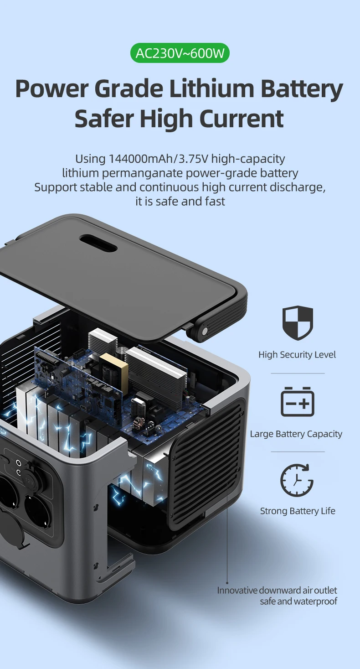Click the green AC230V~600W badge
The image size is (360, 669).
pos(180,54)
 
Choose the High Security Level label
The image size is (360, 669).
pos(297,355)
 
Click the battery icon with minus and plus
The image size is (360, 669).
pos(298,401)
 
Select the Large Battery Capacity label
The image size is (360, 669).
pos(296,434)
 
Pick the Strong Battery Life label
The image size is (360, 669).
pos(298,511)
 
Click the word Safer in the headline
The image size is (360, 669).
pos(103,119)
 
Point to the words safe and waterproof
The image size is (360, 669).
pos(298,602)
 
